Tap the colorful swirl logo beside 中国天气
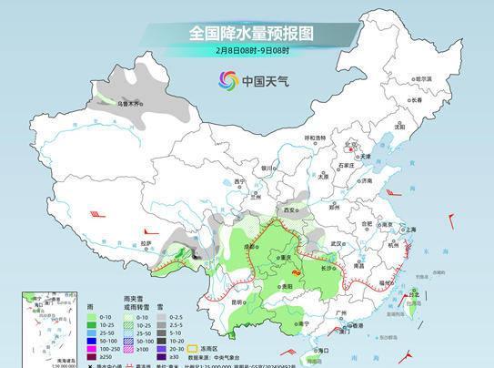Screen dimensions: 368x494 pyautogui.click(x=227, y=81)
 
